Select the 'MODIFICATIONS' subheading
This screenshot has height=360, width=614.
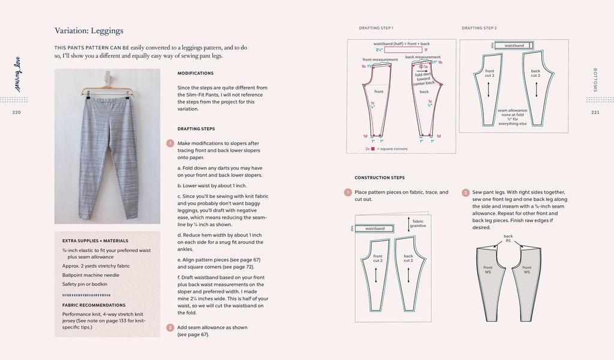(x=195, y=73)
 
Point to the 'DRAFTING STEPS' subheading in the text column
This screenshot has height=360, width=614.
(x=197, y=128)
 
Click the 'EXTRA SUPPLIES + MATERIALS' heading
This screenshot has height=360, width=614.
(x=95, y=241)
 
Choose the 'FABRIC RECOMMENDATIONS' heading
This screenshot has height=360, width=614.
(x=94, y=305)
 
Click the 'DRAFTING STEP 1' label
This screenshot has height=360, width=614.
(x=376, y=28)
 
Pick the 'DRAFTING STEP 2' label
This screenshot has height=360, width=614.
(x=479, y=28)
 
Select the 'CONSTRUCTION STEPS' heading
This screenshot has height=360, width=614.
(x=380, y=178)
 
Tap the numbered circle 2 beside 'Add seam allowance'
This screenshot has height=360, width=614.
(x=170, y=328)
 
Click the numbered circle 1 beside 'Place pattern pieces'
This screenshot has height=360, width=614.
(x=348, y=193)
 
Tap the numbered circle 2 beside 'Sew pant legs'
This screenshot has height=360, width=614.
(x=466, y=193)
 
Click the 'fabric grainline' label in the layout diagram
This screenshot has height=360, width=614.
(x=419, y=224)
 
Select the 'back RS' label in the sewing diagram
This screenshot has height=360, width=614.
(x=508, y=238)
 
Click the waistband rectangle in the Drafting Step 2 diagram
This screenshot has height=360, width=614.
(x=514, y=46)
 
